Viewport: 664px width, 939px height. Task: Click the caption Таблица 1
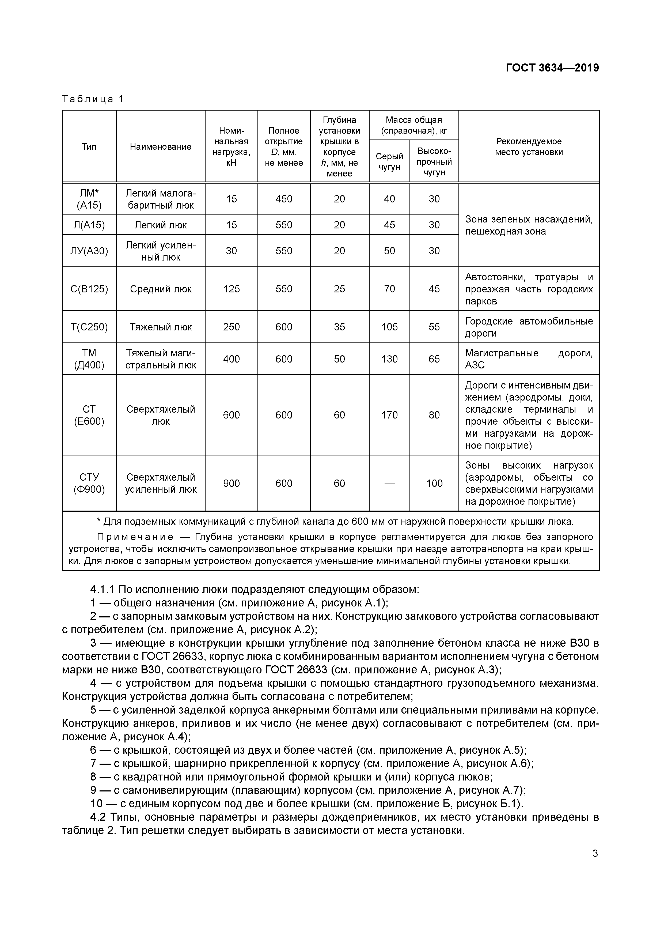[x=92, y=99]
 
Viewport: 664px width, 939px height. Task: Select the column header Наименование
[x=160, y=147]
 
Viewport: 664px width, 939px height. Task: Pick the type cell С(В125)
[x=89, y=289]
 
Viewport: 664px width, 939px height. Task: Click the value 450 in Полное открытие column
[x=284, y=199]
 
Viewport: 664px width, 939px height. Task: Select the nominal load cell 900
[x=232, y=483]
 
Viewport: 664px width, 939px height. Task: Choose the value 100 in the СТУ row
[x=434, y=483]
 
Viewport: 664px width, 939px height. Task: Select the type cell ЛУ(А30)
[x=89, y=251]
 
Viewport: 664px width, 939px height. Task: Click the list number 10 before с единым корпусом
[x=97, y=804]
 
